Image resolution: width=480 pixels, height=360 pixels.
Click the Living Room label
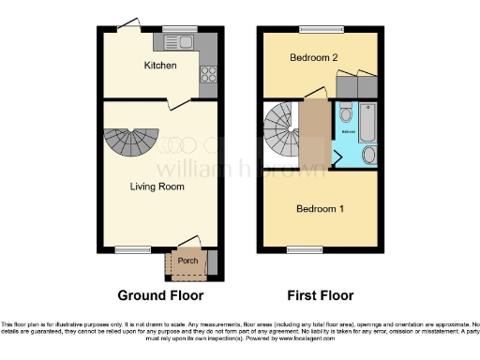pyautogui.click(x=157, y=187)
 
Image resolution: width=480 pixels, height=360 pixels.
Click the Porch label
pyautogui.click(x=187, y=260)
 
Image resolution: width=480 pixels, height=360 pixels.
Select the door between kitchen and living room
pyautogui.click(x=165, y=104)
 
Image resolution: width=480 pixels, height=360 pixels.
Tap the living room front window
pyautogui.click(x=127, y=249)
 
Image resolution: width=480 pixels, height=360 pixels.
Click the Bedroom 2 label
pyautogui.click(x=313, y=58)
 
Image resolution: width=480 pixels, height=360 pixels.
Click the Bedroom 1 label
pyautogui.click(x=320, y=208)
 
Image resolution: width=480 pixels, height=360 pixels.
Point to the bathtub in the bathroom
pyautogui.click(x=366, y=120)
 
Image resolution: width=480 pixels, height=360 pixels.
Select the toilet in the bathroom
pyautogui.click(x=345, y=117)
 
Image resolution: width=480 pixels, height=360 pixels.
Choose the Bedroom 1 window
pyautogui.click(x=301, y=249)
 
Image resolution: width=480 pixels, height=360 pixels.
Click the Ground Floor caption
pyautogui.click(x=157, y=295)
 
